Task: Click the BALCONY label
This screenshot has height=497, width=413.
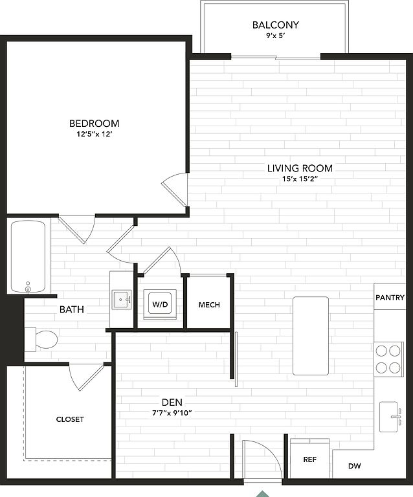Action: click(275, 25)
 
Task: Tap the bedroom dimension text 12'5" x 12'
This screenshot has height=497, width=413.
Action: click(95, 134)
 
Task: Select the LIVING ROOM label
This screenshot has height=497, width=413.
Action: click(300, 168)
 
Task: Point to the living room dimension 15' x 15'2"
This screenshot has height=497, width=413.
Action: click(300, 179)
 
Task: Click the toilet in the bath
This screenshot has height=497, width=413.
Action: click(41, 340)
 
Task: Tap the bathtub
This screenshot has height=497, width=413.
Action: click(28, 257)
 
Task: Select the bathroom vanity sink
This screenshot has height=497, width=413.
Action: click(122, 300)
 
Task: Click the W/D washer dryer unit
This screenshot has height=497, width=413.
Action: click(160, 304)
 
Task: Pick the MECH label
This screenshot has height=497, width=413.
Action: click(209, 305)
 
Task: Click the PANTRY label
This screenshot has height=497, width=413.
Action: click(390, 298)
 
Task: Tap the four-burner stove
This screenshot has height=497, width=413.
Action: click(388, 359)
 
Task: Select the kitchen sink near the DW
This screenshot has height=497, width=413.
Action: click(390, 417)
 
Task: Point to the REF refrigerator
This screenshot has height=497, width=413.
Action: click(309, 459)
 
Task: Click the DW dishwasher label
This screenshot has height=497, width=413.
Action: click(354, 466)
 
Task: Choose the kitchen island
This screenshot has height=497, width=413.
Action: click(311, 336)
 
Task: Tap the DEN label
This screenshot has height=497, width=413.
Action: click(172, 403)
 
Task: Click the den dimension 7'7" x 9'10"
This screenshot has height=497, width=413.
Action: click(172, 413)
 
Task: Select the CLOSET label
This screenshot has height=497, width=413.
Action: click(70, 419)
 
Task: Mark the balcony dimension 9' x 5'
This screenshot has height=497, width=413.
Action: click(275, 36)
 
